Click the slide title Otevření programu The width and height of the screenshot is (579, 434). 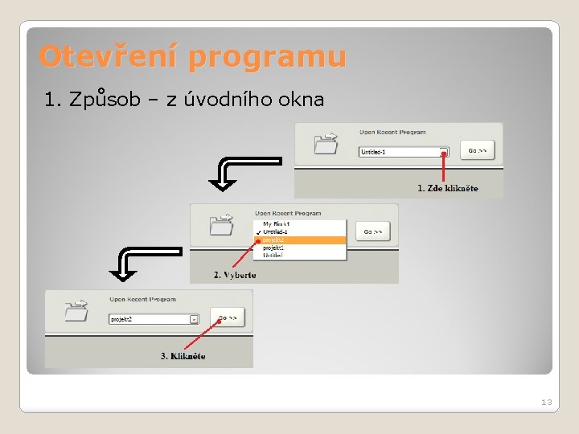[x=192, y=57]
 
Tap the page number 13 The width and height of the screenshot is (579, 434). [x=547, y=402]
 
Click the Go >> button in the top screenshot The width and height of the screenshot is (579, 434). [x=477, y=150]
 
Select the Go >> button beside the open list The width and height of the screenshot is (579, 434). [x=372, y=232]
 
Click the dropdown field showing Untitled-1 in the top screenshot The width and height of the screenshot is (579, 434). [x=402, y=151]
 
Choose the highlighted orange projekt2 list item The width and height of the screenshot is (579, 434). [x=301, y=240]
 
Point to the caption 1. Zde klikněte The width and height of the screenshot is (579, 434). [x=447, y=188]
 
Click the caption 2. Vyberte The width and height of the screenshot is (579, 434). [x=235, y=275]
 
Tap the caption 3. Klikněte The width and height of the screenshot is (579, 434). [x=183, y=356]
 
